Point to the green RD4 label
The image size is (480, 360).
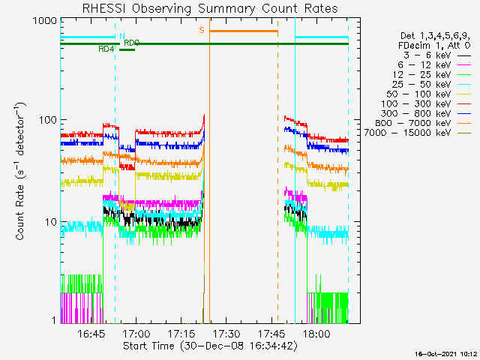[x=106, y=49]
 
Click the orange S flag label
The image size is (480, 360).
[x=201, y=31]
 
